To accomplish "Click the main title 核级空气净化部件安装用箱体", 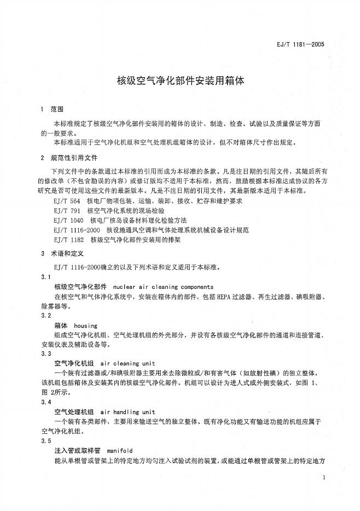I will pyautogui.click(x=181, y=80).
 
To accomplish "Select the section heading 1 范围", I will pyautogui.click(x=53, y=109).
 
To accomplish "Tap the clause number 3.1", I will pyautogui.click(x=45, y=277).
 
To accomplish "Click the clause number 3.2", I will pyautogui.click(x=45, y=316).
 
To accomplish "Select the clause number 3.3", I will pyautogui.click(x=45, y=354).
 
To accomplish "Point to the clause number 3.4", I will pyautogui.click(x=45, y=402).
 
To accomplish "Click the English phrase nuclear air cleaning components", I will pyautogui.click(x=163, y=287).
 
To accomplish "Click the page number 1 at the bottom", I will pyautogui.click(x=324, y=478).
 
